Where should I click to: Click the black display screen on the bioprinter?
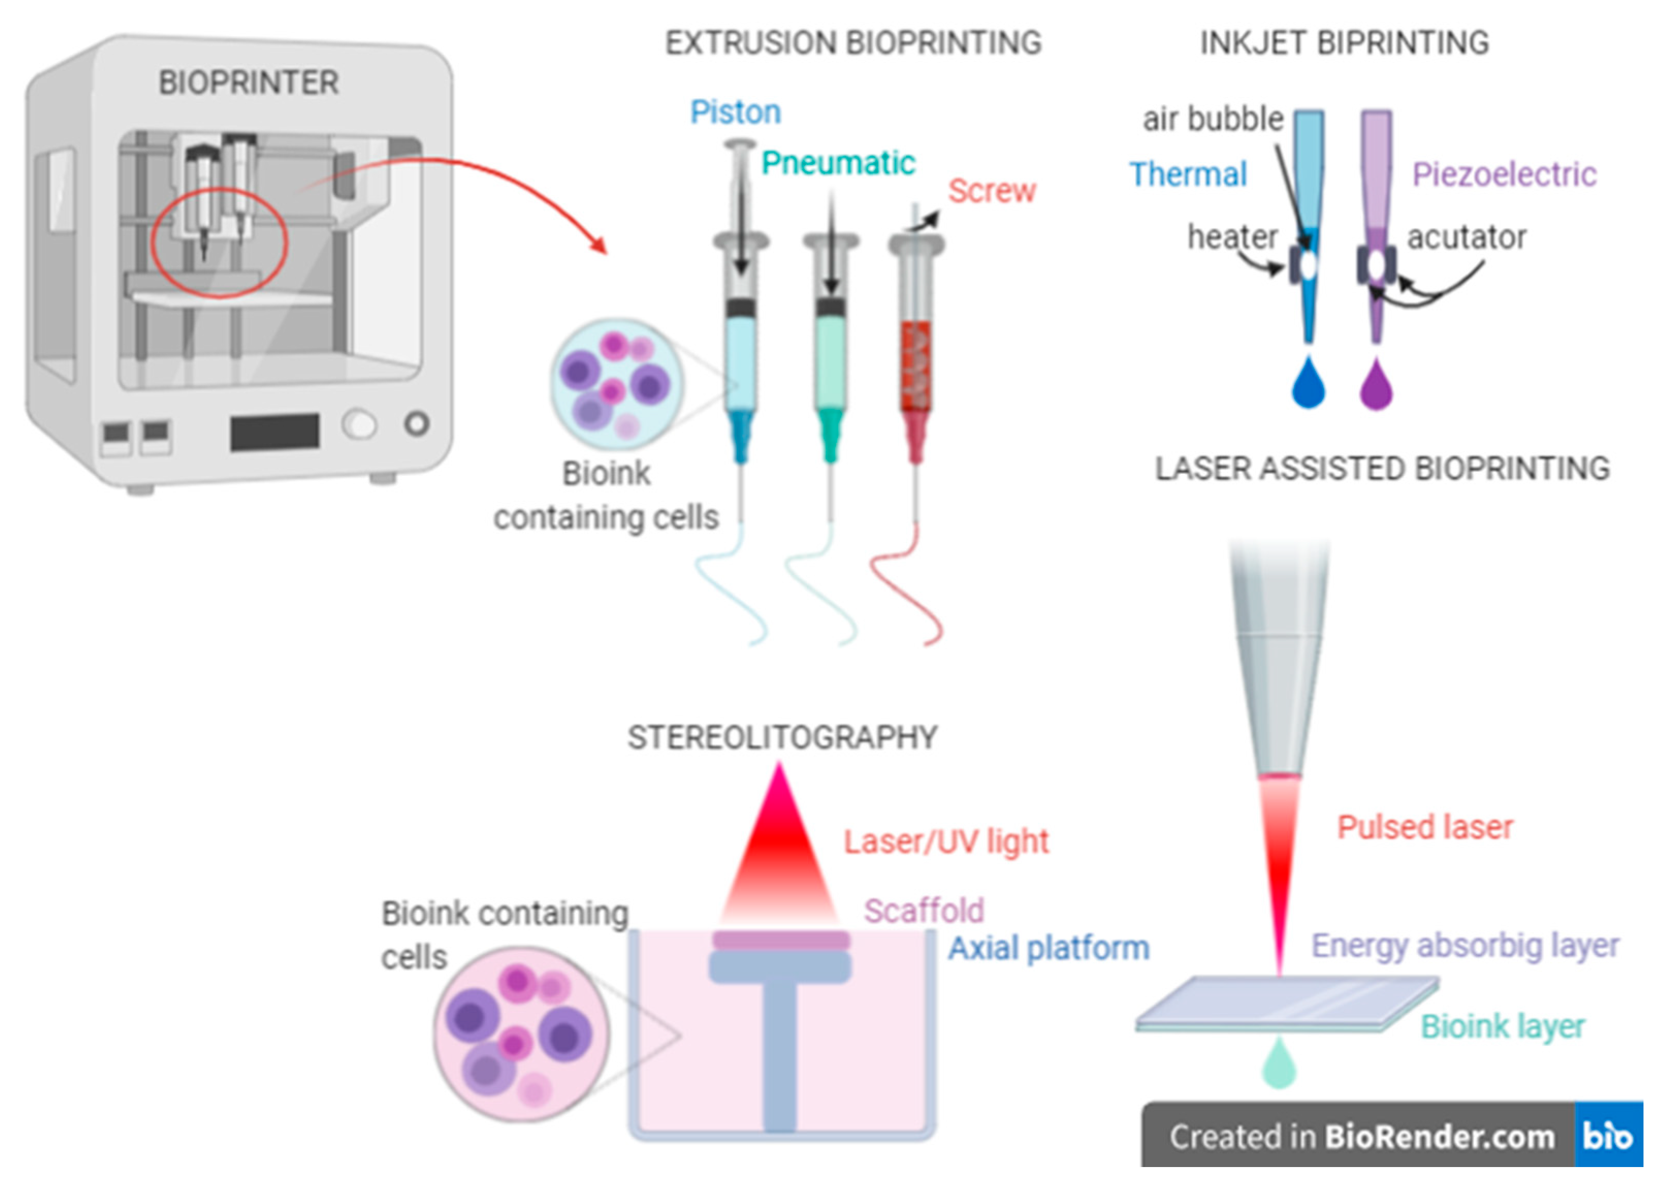click(275, 432)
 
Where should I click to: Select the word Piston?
click(735, 112)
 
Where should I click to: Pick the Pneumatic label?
click(837, 162)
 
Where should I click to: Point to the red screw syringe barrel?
click(916, 364)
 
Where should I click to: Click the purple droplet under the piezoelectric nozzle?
click(1376, 386)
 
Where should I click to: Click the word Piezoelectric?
click(1504, 175)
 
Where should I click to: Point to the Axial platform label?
click(1049, 948)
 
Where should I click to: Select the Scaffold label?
click(923, 911)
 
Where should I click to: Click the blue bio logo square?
click(1607, 1136)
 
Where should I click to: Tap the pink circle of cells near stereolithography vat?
click(521, 1033)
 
